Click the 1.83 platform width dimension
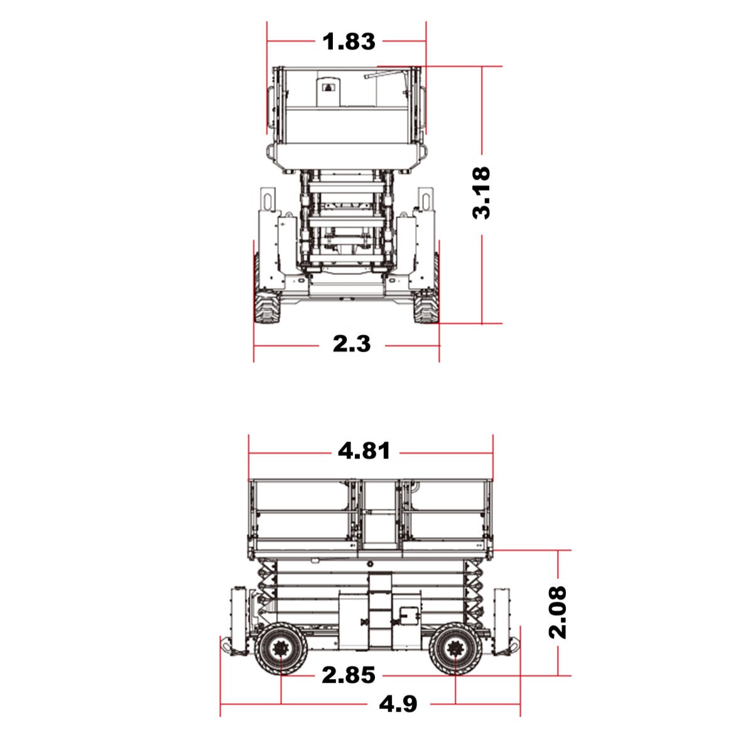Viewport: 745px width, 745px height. [x=349, y=41]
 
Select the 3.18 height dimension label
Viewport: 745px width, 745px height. [x=481, y=192]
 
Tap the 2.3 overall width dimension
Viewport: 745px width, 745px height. [x=352, y=344]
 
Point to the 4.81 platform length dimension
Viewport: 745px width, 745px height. [x=364, y=450]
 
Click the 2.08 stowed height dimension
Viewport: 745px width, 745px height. [x=558, y=612]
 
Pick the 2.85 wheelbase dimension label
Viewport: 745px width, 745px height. [x=348, y=675]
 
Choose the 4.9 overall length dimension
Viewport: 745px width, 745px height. [x=398, y=704]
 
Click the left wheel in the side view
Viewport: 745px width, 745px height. [x=281, y=649]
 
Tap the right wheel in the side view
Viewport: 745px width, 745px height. [x=455, y=649]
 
